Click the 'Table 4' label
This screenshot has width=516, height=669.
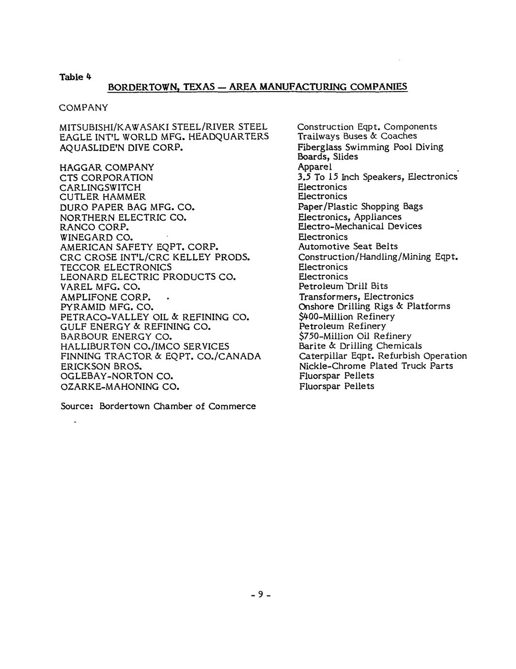coord(75,77)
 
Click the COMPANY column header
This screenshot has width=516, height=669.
coord(84,107)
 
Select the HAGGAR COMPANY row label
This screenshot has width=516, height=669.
coord(107,167)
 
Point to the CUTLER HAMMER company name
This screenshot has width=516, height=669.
coord(102,197)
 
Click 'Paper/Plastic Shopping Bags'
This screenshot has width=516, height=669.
coord(360,207)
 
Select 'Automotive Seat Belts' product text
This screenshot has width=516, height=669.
coord(348,246)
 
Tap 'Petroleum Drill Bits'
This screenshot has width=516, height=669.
coord(343,286)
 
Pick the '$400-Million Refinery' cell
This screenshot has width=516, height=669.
coord(347,317)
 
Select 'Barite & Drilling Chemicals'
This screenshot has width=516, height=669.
coord(360,346)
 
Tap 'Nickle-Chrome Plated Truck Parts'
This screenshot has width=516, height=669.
coord(376,366)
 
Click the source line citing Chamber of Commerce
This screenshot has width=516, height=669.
coord(158,406)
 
